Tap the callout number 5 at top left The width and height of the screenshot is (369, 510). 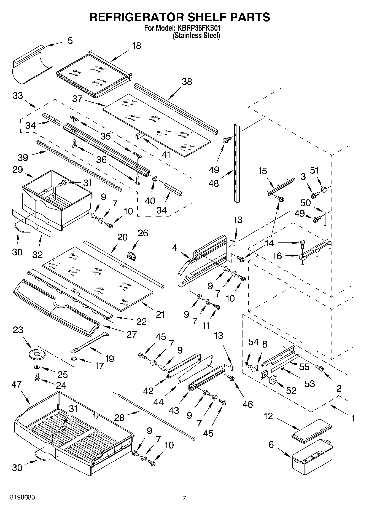click(70, 41)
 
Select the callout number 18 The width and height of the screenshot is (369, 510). click(136, 46)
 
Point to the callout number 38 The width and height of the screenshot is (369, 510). click(187, 82)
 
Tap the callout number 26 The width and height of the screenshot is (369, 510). click(143, 233)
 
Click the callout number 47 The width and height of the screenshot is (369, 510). click(17, 384)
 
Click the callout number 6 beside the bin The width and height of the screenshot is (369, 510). click(271, 445)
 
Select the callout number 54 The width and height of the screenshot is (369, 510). click(253, 342)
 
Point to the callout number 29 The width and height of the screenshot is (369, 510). click(17, 169)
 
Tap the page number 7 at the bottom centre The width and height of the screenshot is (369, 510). click(184, 498)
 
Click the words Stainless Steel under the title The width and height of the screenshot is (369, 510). click(196, 36)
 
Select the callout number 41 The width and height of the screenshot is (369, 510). click(166, 155)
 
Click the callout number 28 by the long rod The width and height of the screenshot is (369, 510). click(119, 417)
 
